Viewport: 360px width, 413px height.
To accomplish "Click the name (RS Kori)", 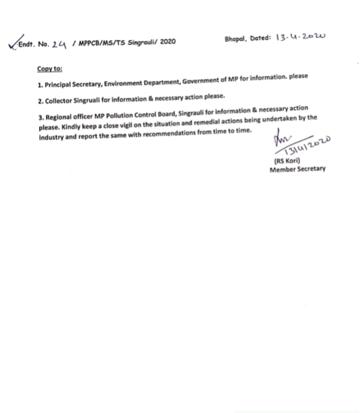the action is click(x=287, y=162).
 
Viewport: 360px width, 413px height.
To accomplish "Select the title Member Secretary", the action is click(x=297, y=170).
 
